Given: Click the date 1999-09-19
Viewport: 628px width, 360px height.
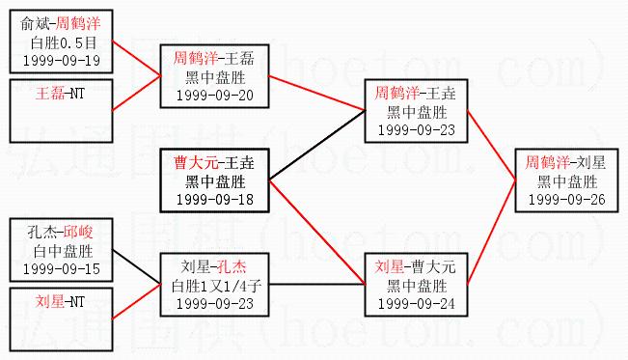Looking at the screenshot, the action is tap(62, 61).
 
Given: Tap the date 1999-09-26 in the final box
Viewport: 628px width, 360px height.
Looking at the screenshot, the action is tap(566, 199).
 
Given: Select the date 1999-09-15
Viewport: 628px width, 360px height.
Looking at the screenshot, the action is tap(62, 269).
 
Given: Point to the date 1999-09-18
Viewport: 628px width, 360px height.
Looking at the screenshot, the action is tap(215, 199).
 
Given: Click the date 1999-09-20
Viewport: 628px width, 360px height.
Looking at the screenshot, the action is tap(215, 96).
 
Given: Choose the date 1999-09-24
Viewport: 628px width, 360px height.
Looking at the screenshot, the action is tap(417, 303).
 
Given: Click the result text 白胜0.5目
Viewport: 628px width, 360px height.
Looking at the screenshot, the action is tap(64, 42).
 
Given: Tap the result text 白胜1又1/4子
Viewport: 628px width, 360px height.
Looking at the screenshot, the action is tap(216, 286).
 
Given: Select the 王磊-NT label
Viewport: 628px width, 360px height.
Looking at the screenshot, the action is tap(61, 94).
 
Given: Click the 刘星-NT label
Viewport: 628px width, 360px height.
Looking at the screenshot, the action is tap(61, 301).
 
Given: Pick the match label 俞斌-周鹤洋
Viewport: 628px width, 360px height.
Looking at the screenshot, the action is tap(61, 24).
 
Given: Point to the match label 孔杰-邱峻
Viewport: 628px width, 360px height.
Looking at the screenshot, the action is tap(61, 232).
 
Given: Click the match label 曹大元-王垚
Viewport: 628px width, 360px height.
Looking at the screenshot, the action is tap(214, 163).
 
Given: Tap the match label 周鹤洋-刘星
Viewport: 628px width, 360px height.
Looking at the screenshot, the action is tap(565, 162).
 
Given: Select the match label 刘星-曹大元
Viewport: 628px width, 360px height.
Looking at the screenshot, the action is tap(416, 266).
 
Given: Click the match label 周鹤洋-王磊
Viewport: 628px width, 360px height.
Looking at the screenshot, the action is tap(214, 59).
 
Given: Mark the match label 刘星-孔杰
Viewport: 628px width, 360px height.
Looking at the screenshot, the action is tap(213, 266).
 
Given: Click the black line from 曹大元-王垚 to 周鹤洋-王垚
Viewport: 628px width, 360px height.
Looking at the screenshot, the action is tap(316, 145).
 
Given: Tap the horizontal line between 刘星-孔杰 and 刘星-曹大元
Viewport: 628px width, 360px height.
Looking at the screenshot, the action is tap(316, 285).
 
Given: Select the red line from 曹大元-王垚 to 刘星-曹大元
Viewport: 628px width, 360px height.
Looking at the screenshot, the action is tap(316, 233).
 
